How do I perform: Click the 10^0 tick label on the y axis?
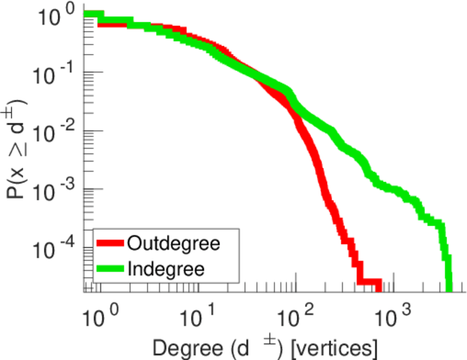tap(56, 16)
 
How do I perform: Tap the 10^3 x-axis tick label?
tap(397, 313)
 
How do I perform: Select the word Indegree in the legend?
tap(166, 268)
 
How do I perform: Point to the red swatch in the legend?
tap(110, 244)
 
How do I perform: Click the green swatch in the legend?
tap(110, 268)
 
